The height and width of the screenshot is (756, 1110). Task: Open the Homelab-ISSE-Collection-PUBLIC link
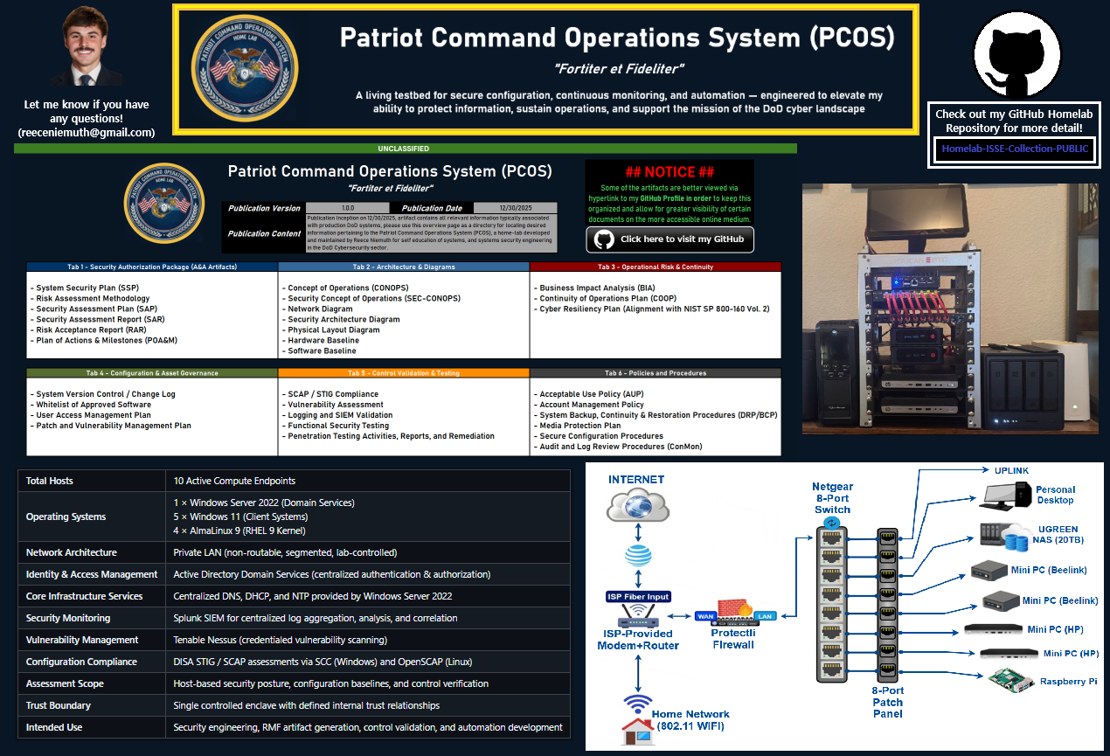tap(1015, 149)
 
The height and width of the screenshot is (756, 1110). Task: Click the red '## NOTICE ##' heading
tap(669, 172)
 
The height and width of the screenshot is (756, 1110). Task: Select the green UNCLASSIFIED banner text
tap(404, 149)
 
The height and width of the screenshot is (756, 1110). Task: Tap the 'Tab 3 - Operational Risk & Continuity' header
tap(655, 267)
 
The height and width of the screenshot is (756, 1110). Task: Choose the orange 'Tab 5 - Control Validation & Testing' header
tap(403, 373)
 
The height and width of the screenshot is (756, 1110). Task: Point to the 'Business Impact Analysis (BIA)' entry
tap(598, 288)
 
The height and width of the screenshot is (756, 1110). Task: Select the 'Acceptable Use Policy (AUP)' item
tap(593, 394)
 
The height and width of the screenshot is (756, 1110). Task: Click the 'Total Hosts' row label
tap(50, 481)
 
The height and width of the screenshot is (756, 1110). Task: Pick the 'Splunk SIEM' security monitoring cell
tap(316, 618)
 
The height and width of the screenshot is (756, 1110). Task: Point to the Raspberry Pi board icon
tap(1009, 681)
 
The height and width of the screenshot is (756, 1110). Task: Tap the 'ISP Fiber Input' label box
tap(637, 597)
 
